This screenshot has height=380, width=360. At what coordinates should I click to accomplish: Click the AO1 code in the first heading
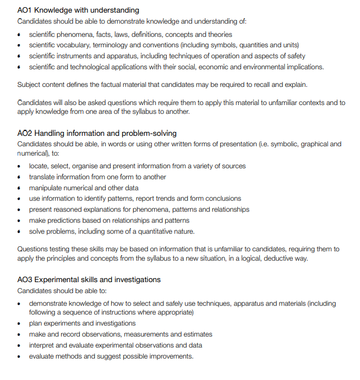point(25,10)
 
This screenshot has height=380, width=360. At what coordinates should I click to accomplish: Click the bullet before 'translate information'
point(19,177)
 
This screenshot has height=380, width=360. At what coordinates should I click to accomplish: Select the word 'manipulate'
point(47,188)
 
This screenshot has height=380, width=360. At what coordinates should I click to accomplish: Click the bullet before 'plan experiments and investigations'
point(19,323)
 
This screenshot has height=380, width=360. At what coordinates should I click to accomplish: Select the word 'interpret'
point(42,345)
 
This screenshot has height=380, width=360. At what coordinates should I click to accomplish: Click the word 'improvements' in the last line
point(169,356)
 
